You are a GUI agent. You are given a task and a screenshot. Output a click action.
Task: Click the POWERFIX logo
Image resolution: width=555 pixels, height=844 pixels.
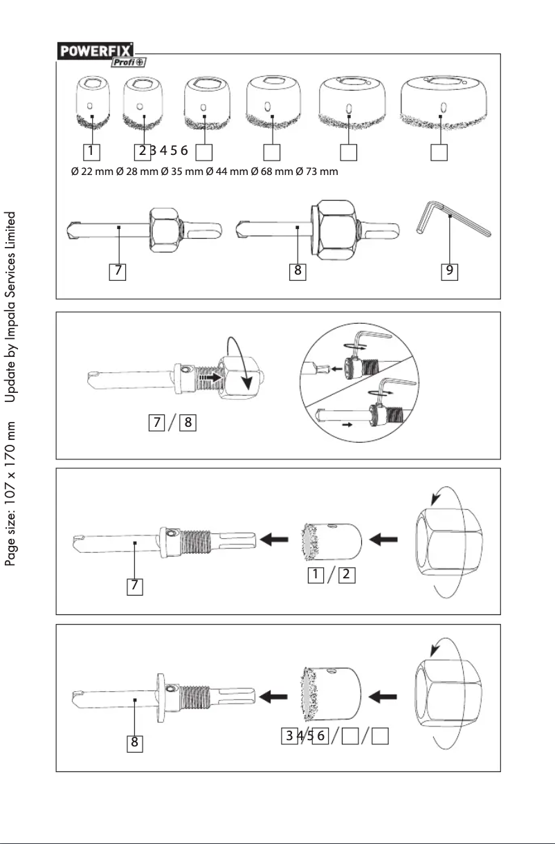pos(95,50)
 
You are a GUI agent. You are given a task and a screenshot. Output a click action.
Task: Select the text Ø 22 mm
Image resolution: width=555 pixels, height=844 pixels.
pos(93,172)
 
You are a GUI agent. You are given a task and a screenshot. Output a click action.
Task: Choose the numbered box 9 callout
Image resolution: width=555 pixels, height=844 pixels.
pos(450,272)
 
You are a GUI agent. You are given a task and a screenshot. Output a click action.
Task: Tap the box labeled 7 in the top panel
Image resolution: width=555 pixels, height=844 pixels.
pos(119,272)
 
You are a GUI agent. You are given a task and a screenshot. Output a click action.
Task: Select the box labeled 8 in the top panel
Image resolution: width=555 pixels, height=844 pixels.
pos(298,272)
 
